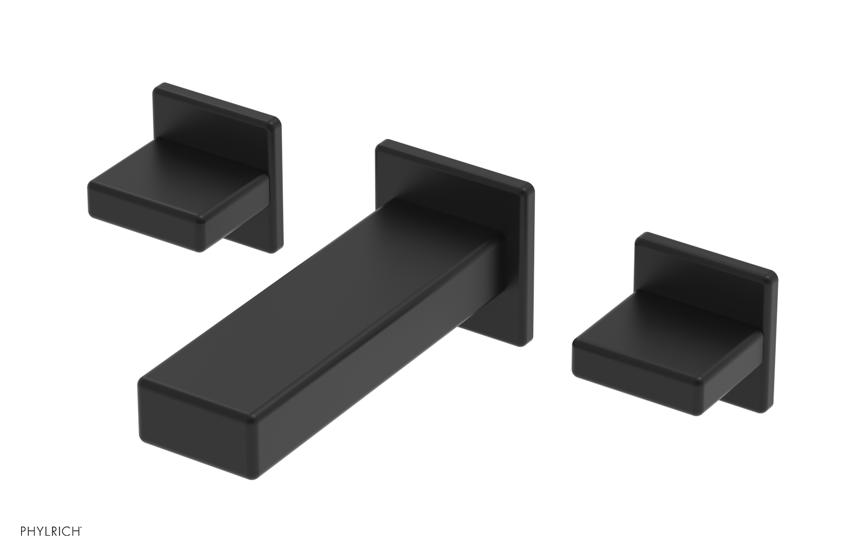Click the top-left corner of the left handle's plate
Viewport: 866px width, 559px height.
[157, 87]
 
